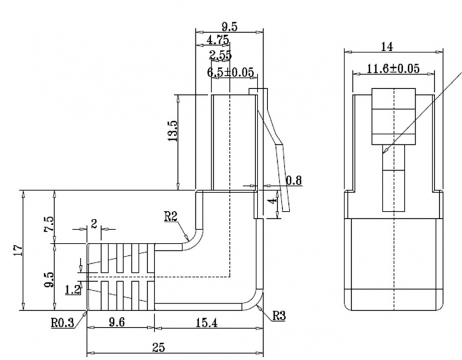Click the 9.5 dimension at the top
click(x=229, y=27)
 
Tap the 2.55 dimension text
click(x=220, y=56)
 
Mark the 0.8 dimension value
click(x=294, y=181)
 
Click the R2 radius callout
click(x=171, y=216)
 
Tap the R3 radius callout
click(x=279, y=316)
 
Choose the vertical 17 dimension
click(x=17, y=250)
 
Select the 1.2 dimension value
click(x=71, y=288)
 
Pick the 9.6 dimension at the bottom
click(x=117, y=322)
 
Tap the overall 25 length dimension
click(x=158, y=348)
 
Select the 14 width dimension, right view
click(x=387, y=47)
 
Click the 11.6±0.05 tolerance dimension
click(x=393, y=69)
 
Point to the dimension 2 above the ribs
click(x=94, y=223)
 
